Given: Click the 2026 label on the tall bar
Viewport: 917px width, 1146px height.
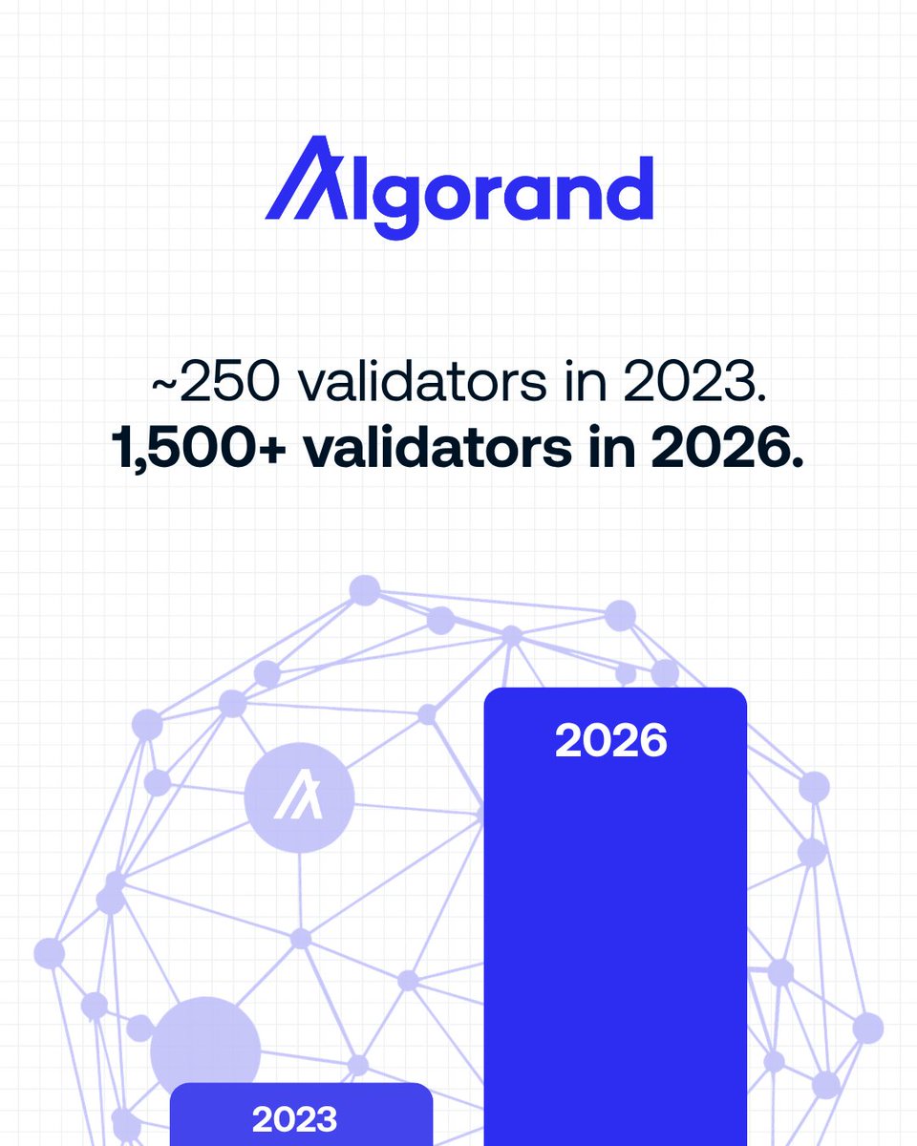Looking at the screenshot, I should coord(611,740).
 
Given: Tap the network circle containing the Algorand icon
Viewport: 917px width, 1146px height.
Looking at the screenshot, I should coord(299,796).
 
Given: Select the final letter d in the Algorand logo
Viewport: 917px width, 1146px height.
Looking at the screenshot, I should coord(629,186).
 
